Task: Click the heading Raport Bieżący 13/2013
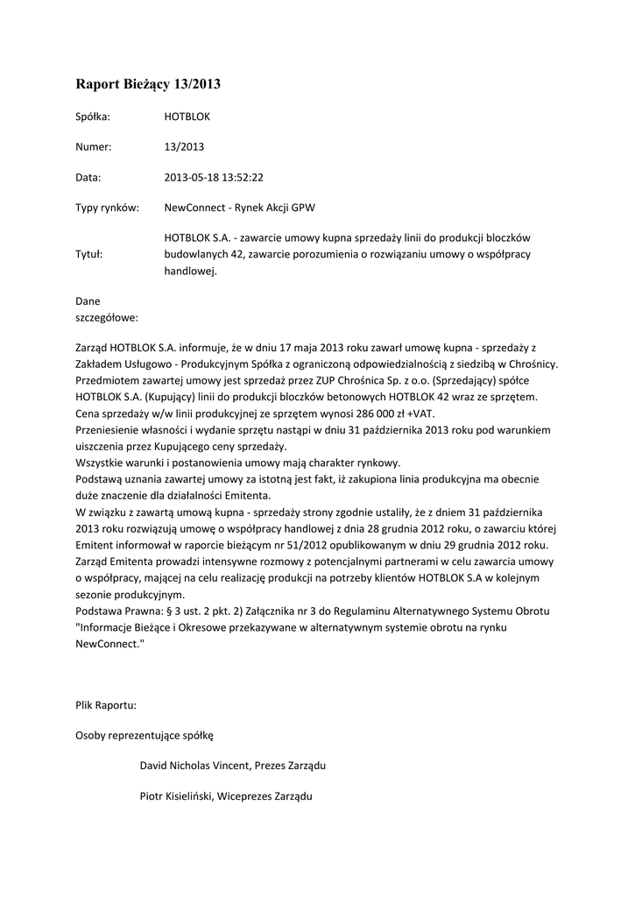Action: (x=148, y=85)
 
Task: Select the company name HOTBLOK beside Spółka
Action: (x=187, y=117)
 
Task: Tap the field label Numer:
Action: (x=94, y=147)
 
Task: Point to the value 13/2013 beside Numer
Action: (x=184, y=147)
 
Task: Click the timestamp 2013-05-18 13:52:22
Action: (x=214, y=178)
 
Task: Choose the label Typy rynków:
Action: (x=107, y=208)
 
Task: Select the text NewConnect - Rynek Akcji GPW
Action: (x=239, y=208)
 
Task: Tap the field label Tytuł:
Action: (x=89, y=255)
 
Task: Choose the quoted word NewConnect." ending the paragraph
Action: (x=109, y=644)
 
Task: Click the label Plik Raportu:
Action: (x=106, y=705)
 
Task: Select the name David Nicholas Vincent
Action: (x=194, y=766)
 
